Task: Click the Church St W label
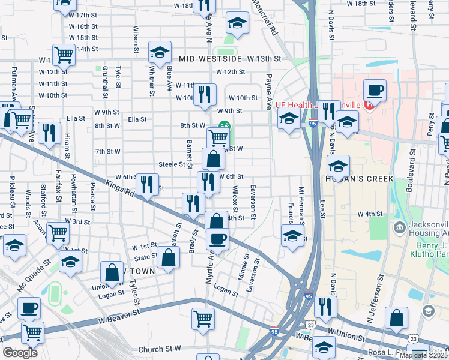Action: [x=160, y=349]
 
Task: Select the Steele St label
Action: [x=172, y=164]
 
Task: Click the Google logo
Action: [x=20, y=353]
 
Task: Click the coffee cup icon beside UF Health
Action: [x=375, y=91]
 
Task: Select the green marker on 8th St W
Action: [x=223, y=125]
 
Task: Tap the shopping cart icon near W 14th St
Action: [x=64, y=55]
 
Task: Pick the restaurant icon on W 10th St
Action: [x=205, y=94]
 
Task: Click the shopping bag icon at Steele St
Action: [x=213, y=160]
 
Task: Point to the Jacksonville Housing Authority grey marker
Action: [x=400, y=227]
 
